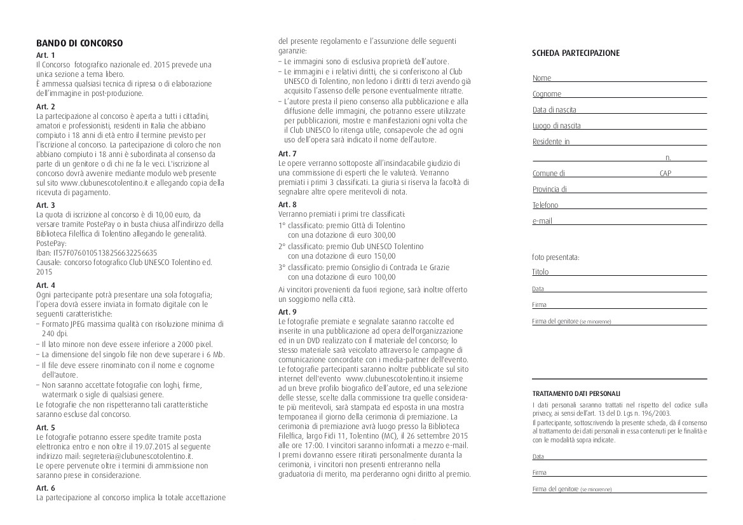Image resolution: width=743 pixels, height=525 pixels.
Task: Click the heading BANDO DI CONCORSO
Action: (x=79, y=43)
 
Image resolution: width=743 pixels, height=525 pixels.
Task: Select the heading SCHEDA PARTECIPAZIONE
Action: (x=575, y=53)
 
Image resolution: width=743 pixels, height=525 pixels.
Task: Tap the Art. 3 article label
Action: (x=46, y=205)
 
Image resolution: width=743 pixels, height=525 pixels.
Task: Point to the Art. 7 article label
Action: (x=287, y=154)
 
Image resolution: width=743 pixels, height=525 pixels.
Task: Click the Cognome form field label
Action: (x=547, y=94)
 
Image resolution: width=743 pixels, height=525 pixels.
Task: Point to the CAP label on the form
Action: (x=665, y=173)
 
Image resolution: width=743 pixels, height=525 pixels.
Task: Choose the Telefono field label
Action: (x=545, y=205)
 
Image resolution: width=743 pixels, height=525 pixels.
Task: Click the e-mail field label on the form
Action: (x=542, y=221)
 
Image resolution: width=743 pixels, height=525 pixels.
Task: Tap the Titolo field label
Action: (x=540, y=272)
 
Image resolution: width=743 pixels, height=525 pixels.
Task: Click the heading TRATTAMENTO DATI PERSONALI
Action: (x=576, y=394)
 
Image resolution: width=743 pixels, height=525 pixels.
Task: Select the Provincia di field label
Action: (x=550, y=189)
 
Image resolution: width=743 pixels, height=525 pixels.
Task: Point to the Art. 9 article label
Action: (x=287, y=311)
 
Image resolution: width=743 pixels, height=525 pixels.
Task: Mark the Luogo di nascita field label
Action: (x=556, y=126)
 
